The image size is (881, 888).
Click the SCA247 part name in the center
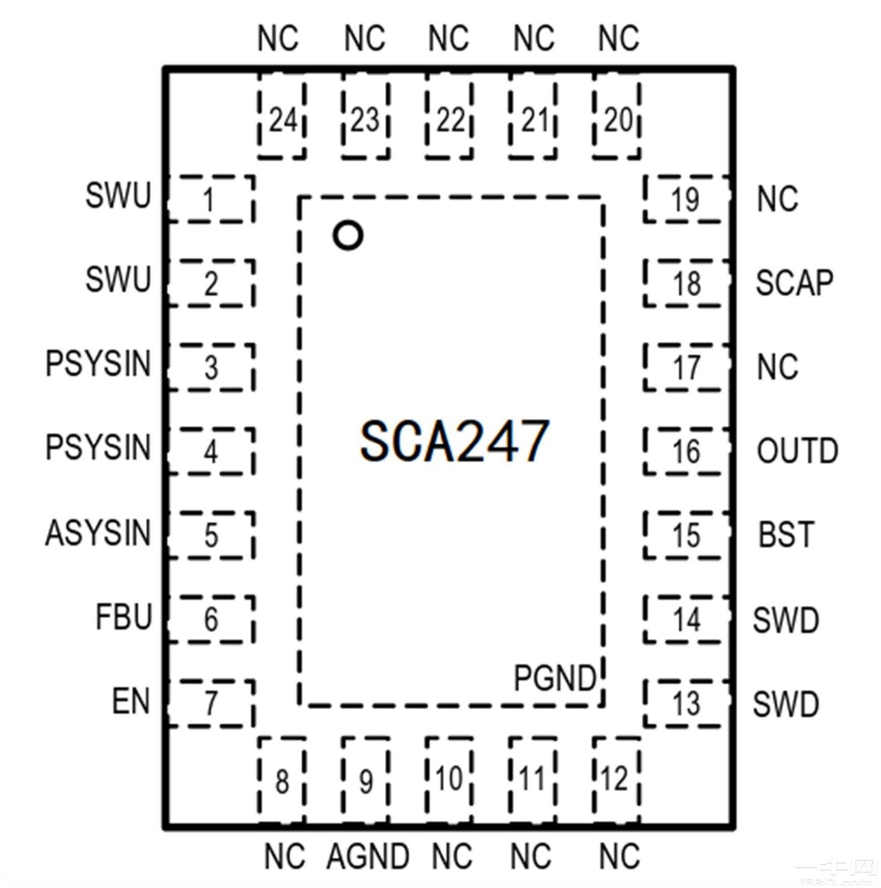tap(454, 441)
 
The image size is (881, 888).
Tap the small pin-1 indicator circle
tap(348, 235)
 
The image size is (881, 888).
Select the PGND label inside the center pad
tap(554, 678)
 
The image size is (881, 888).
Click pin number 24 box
tap(282, 120)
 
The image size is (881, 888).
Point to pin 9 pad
tap(366, 780)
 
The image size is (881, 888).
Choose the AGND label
tap(368, 856)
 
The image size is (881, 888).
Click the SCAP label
tap(794, 282)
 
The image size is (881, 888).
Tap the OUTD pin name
tap(797, 451)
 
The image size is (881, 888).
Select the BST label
tap(786, 534)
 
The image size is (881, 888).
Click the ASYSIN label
tap(98, 533)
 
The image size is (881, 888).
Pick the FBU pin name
tap(123, 617)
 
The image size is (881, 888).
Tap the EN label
tap(131, 701)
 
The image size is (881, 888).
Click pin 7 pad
tap(211, 703)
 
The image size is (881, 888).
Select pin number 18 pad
tap(687, 284)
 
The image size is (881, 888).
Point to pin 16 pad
tap(687, 451)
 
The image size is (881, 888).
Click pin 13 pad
tap(687, 703)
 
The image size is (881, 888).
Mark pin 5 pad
tap(211, 535)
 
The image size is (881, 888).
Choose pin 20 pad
tap(617, 120)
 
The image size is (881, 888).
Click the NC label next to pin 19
tap(777, 199)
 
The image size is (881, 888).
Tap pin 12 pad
tap(615, 779)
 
